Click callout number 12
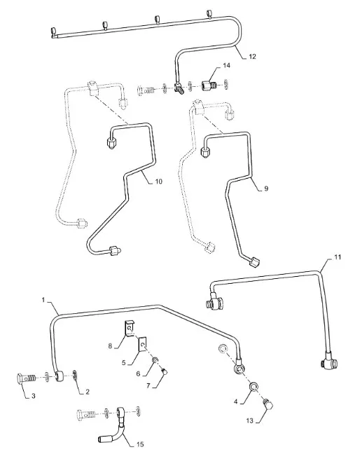[252, 57]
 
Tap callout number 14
[226, 65]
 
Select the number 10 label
[158, 181]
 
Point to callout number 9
[266, 189]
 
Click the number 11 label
[338, 256]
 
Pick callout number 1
[43, 300]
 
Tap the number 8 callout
[110, 346]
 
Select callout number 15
[140, 444]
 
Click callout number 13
[249, 421]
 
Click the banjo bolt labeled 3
[26, 378]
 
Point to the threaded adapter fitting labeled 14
[209, 86]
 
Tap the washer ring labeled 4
[254, 386]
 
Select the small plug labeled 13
[268, 404]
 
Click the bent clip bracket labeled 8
[129, 328]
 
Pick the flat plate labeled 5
[143, 344]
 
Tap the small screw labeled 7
[165, 370]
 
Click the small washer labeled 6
[155, 361]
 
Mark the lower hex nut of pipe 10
[115, 251]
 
